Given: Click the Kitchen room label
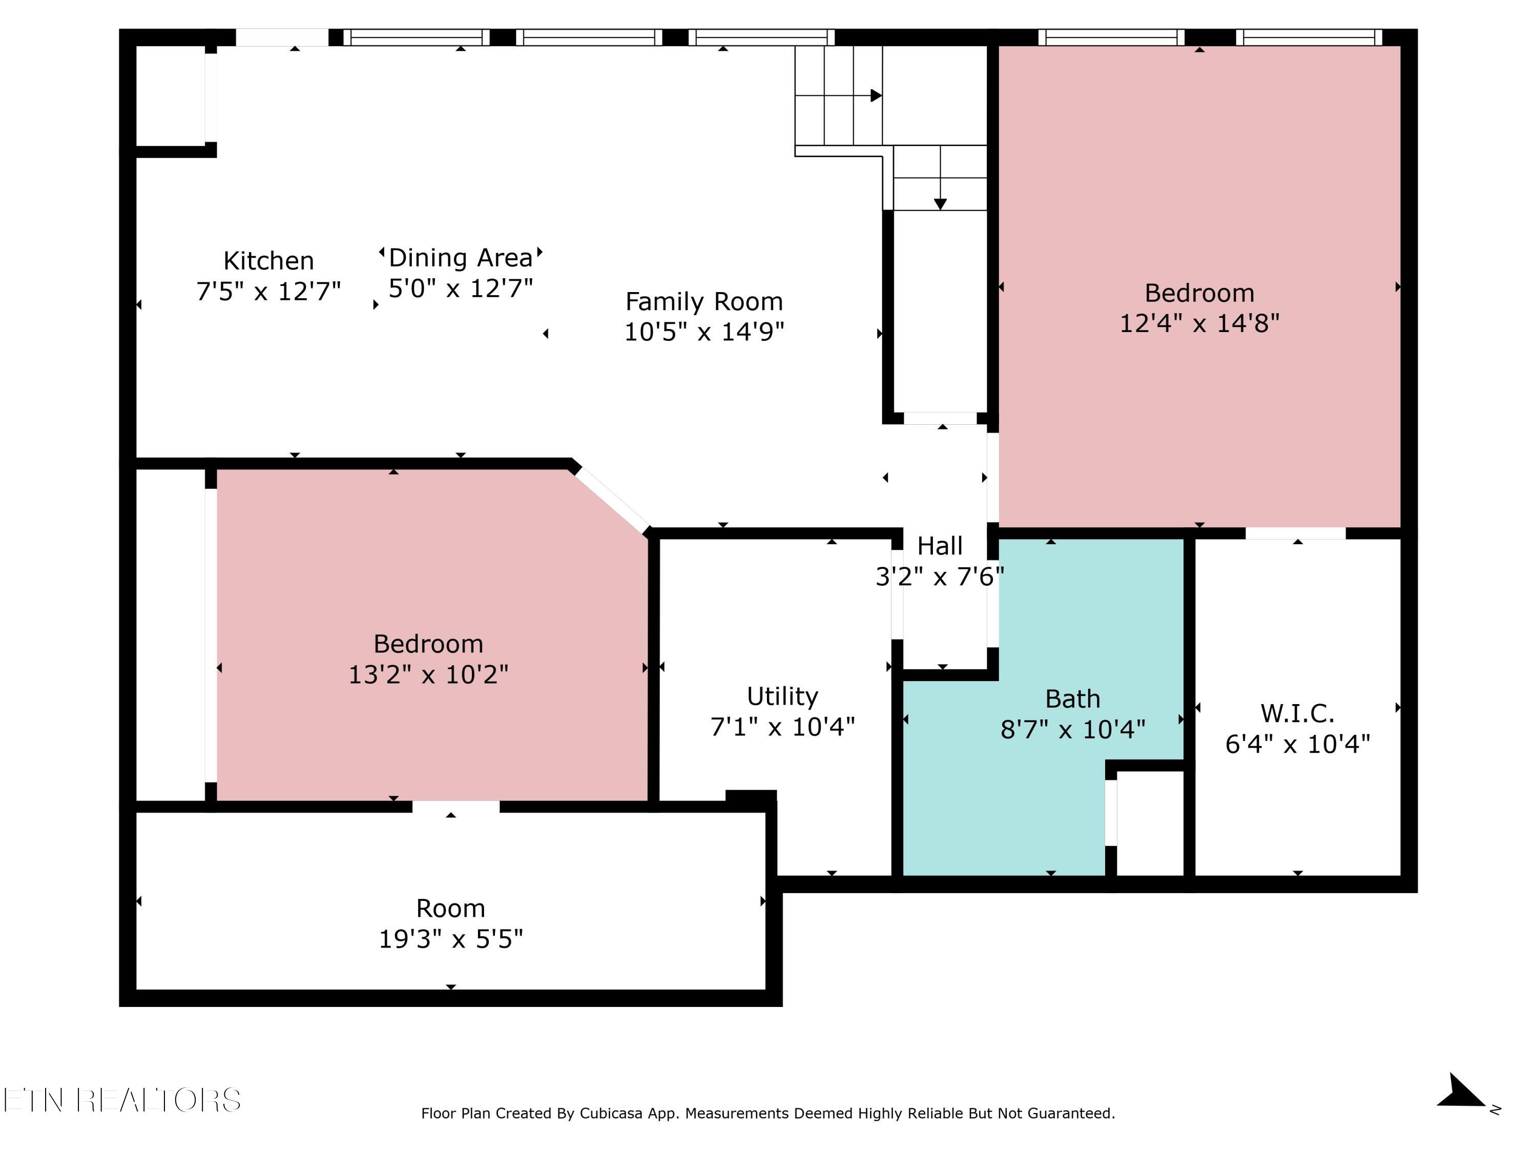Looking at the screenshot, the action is (268, 261).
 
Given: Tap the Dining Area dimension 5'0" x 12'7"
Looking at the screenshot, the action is (461, 287).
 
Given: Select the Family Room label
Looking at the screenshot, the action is (704, 302).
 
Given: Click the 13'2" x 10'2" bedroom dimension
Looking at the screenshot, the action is (428, 674).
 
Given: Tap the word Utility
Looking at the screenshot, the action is (782, 696).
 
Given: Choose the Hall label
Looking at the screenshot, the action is (940, 546).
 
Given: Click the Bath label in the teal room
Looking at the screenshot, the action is (1072, 698).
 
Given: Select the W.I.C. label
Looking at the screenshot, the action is (1297, 714).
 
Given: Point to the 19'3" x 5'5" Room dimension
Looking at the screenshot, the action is (450, 939).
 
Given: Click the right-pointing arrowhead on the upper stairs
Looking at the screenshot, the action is (876, 95).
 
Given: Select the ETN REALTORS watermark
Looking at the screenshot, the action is (122, 1100).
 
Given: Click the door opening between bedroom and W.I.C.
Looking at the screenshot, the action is (1295, 533).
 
